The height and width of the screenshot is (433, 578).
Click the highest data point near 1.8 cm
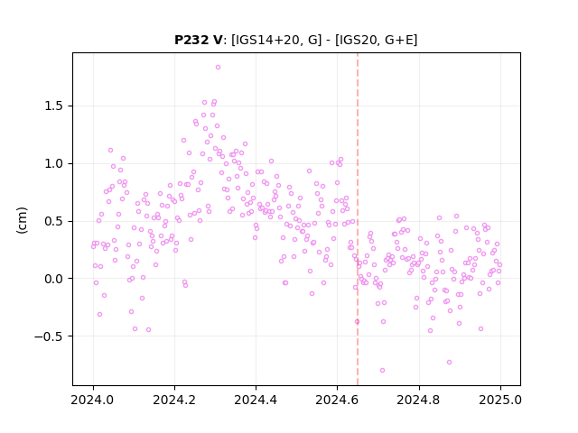[218, 68]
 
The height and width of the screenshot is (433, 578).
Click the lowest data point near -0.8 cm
[382, 371]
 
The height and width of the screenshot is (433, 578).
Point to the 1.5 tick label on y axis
[54, 106]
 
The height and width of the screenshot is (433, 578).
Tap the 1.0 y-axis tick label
[54, 164]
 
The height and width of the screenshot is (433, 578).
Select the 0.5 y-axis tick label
[54, 221]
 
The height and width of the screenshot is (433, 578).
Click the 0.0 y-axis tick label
[54, 279]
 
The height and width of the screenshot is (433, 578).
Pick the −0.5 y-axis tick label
[49, 336]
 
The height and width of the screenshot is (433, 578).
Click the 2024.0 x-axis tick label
[93, 400]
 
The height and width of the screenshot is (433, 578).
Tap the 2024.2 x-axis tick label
[174, 400]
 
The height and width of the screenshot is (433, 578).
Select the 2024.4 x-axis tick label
[256, 400]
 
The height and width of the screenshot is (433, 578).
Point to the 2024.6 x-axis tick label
[337, 400]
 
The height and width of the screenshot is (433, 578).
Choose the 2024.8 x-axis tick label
[419, 400]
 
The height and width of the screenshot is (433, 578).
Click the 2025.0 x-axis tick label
[500, 400]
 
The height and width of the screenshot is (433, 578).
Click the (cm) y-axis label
[22, 220]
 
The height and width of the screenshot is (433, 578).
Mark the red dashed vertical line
[358, 219]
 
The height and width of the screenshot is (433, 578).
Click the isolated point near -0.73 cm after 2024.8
[449, 363]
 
